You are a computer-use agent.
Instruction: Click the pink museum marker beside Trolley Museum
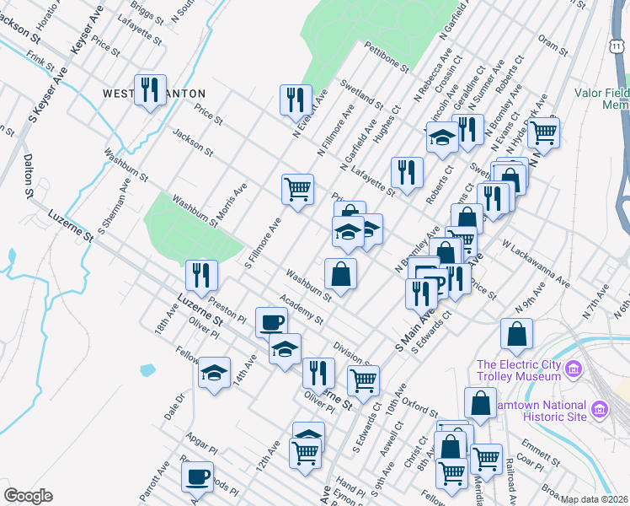coord(574,369)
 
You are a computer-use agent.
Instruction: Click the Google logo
coord(28,496)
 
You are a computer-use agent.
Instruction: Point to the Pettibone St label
coord(387,55)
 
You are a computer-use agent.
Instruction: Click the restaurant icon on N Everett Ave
coord(296,99)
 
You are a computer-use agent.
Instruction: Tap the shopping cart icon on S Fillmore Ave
coord(297,189)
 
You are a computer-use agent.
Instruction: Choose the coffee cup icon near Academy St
coord(271,322)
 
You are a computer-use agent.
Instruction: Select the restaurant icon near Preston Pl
coord(201,274)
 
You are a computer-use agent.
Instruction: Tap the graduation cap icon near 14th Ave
coord(215,372)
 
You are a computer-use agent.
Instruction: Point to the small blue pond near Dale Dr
coord(147,369)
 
